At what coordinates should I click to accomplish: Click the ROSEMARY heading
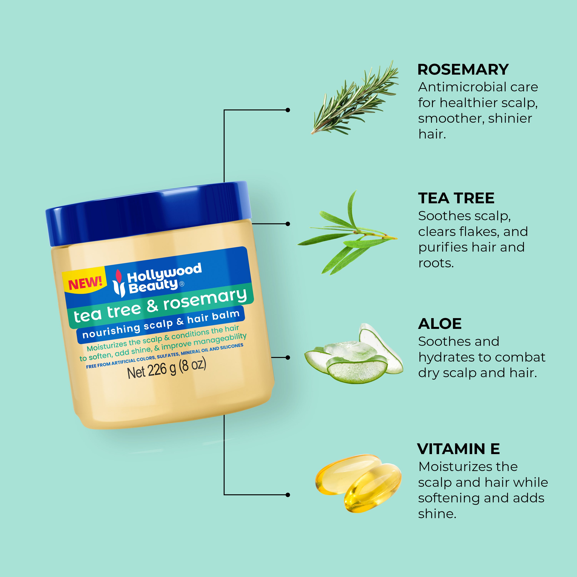(x=463, y=70)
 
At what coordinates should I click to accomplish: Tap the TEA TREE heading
(x=456, y=198)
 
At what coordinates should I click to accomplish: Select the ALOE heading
(x=440, y=324)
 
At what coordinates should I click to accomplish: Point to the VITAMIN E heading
(x=458, y=449)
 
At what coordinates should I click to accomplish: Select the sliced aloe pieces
(x=354, y=355)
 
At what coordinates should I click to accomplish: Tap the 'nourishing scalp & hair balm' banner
(x=161, y=324)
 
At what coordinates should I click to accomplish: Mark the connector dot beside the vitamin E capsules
(x=288, y=495)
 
